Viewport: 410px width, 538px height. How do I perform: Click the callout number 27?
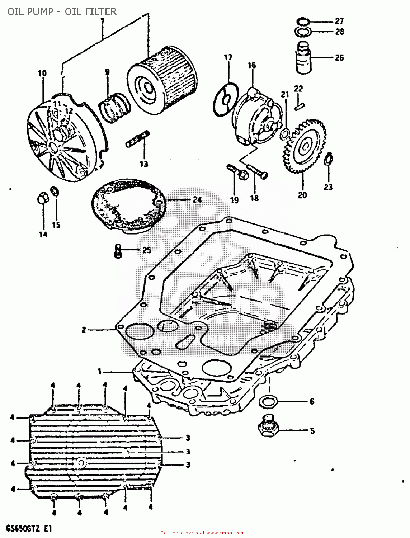(339, 21)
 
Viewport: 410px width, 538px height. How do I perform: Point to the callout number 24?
(197, 199)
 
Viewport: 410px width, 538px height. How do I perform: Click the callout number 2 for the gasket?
(84, 330)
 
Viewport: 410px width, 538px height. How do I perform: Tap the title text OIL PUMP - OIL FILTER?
(62, 11)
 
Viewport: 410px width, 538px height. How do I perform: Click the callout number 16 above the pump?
(252, 65)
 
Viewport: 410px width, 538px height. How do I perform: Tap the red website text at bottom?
(204, 533)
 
